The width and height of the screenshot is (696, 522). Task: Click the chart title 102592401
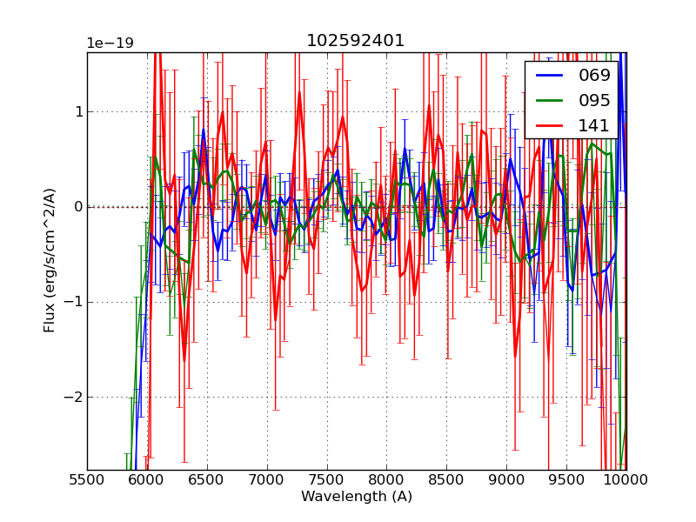click(x=355, y=41)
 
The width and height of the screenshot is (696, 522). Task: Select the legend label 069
click(x=594, y=75)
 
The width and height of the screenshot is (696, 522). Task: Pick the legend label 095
click(x=594, y=100)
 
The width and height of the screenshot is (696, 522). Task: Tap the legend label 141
click(x=594, y=125)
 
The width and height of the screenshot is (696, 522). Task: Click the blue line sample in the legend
click(x=551, y=76)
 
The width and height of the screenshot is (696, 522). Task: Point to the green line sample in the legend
click(x=551, y=101)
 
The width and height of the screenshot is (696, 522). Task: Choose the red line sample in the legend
click(x=551, y=126)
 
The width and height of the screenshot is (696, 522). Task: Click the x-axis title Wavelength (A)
click(x=357, y=497)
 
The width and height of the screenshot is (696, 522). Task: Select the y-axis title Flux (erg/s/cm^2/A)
click(x=50, y=260)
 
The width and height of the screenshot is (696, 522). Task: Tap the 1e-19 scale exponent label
click(x=110, y=43)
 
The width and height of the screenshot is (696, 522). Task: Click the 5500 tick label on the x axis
click(x=87, y=479)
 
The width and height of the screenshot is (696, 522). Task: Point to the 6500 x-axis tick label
click(x=207, y=479)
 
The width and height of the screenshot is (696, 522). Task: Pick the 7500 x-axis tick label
click(x=327, y=479)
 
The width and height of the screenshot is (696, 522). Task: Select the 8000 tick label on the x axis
click(x=386, y=479)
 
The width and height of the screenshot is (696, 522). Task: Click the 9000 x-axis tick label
click(x=506, y=479)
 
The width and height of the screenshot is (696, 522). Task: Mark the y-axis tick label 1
click(x=78, y=111)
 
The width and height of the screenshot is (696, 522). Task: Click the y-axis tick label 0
click(x=78, y=207)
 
